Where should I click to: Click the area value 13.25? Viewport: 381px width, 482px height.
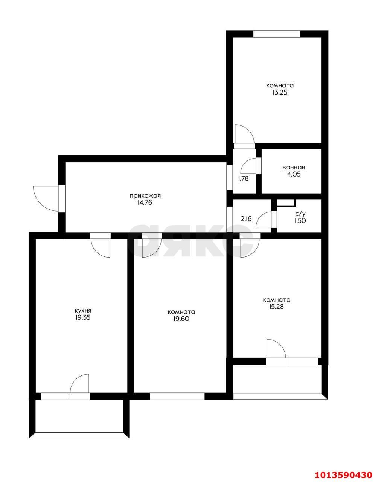click(x=280, y=93)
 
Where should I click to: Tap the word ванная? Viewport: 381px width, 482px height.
click(x=294, y=167)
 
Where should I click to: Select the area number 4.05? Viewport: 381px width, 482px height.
click(x=294, y=174)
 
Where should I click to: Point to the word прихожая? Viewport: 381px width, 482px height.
click(x=145, y=196)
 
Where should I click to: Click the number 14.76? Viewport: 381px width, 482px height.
click(x=145, y=203)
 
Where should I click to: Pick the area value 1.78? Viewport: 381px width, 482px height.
click(x=243, y=179)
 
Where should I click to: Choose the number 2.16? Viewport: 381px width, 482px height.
click(x=246, y=219)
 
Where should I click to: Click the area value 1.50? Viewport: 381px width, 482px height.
click(x=300, y=221)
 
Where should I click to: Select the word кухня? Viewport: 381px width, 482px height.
click(x=83, y=311)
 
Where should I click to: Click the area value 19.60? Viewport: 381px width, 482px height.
click(x=181, y=319)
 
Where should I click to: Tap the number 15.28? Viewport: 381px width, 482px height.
click(x=277, y=307)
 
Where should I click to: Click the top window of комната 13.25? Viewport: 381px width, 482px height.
click(x=276, y=34)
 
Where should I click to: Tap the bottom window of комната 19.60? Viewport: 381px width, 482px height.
click(x=177, y=396)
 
